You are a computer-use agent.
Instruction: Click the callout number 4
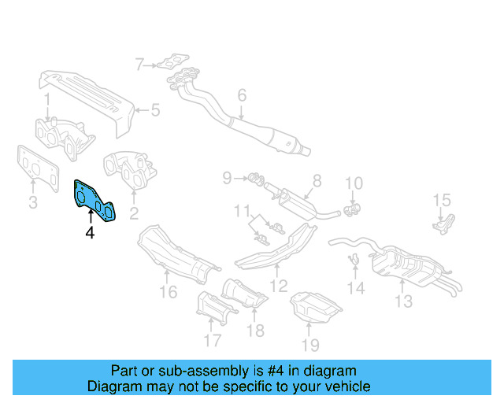pos(90,233)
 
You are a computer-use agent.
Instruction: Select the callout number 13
pos(403,301)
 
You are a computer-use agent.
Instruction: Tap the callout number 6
pos(242,96)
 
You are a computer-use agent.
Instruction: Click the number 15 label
pos(442,201)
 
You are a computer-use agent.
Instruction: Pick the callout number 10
pos(354,184)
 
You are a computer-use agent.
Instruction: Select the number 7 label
pos(139,65)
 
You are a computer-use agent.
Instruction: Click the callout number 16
pos(168,294)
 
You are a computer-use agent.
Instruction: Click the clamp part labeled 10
pos(351,209)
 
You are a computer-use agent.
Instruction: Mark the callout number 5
pos(155,110)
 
